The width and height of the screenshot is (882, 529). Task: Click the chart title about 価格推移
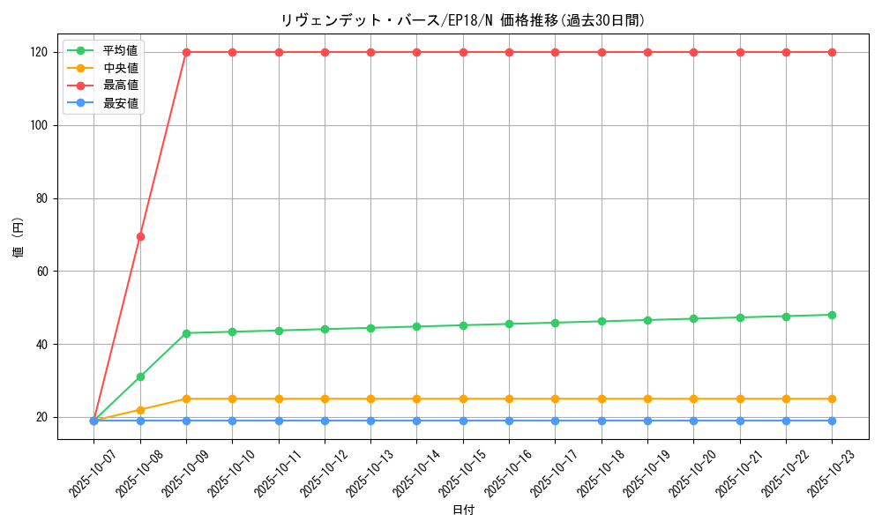tap(463, 20)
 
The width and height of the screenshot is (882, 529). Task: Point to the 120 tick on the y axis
tap(40, 52)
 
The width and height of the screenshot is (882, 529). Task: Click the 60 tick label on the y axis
tap(42, 272)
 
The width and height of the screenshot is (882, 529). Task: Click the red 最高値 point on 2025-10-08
tap(140, 236)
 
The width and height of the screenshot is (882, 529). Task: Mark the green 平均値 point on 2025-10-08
tap(140, 376)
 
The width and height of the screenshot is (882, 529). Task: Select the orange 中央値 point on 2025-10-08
tap(140, 410)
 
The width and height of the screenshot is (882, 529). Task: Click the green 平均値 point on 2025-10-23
tap(832, 315)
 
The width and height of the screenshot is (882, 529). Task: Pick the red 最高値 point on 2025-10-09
tap(186, 52)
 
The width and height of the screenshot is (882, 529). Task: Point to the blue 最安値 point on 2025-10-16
tap(509, 421)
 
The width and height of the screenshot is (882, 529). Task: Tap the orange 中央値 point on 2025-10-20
tap(693, 399)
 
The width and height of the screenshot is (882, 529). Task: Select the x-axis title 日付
tap(463, 510)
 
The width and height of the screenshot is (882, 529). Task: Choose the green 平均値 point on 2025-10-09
tap(186, 333)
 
